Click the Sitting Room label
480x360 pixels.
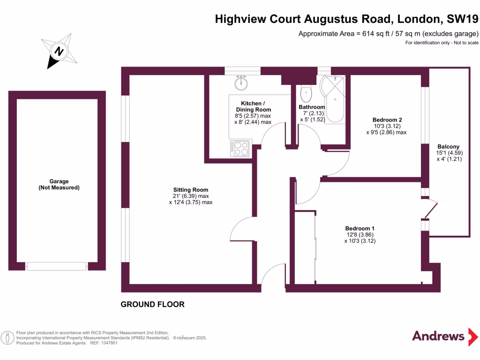tap(190, 190)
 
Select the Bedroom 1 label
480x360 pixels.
tap(360, 228)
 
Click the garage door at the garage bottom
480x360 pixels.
tap(57, 266)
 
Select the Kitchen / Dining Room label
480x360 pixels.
tap(253, 106)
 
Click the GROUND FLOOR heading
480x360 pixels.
tap(152, 305)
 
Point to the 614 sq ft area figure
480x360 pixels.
tap(370, 34)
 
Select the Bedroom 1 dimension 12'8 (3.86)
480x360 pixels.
tap(360, 234)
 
